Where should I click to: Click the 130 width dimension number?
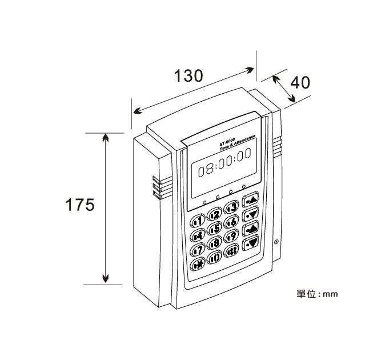(x=188, y=76)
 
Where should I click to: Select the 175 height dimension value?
(x=79, y=205)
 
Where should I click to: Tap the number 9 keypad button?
(x=232, y=237)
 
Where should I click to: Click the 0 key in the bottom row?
(x=215, y=258)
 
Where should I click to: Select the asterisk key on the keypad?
(x=198, y=264)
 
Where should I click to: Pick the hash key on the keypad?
(x=232, y=251)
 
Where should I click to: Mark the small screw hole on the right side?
(x=276, y=242)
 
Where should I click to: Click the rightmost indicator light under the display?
(x=243, y=187)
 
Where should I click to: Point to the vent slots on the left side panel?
(x=157, y=187)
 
